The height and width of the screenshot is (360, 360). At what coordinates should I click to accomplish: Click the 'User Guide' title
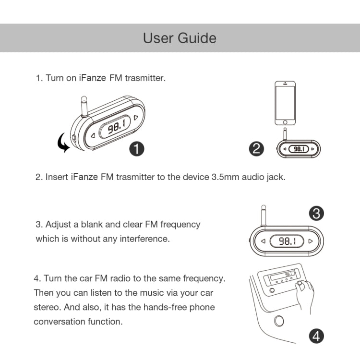(x=180, y=38)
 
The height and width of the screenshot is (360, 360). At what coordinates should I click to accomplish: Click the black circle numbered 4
(x=315, y=336)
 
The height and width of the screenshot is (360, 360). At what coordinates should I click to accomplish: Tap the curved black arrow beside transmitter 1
(x=62, y=144)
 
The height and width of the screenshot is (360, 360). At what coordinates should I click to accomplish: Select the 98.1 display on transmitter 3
(x=287, y=241)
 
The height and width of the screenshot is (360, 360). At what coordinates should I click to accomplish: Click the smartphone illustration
(x=285, y=103)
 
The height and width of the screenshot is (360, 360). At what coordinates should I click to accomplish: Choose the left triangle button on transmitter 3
(x=262, y=241)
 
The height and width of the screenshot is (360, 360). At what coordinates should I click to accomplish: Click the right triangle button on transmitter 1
(x=137, y=117)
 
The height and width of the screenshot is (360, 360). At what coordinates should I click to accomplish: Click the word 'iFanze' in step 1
(x=93, y=78)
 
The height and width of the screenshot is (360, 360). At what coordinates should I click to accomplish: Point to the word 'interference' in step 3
(x=144, y=239)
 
